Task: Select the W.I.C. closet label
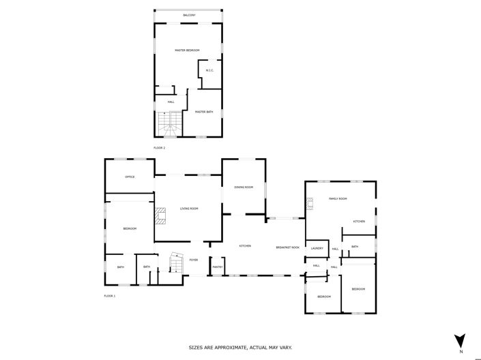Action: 210,71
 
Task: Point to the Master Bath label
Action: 204,112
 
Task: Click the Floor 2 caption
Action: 159,148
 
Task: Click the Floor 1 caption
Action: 110,296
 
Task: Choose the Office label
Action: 130,177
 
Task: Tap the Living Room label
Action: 189,209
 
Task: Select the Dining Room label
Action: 244,187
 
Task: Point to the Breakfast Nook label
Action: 288,247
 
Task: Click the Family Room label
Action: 338,198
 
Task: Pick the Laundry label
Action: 317,248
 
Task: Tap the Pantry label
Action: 218,267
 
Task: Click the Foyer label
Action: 194,260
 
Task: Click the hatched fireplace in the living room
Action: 160,216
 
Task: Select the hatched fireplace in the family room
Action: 310,202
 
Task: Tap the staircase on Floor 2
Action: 169,124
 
